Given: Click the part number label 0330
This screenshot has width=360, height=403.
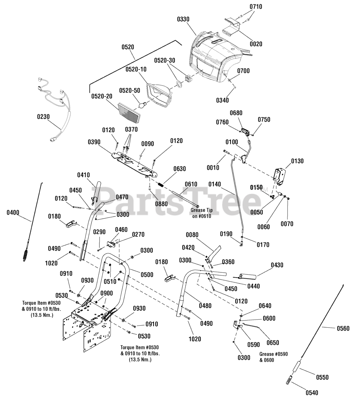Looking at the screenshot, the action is (183, 19).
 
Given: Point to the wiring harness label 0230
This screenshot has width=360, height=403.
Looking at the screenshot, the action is (43, 116).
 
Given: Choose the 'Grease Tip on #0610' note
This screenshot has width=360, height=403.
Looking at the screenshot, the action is (201, 213).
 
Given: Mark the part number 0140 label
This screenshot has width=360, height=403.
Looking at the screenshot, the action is (215, 184).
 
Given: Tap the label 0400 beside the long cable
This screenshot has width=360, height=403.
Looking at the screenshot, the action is (13, 213).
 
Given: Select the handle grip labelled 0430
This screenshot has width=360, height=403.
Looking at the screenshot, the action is (247, 276).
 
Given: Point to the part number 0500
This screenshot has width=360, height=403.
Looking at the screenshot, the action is (147, 275).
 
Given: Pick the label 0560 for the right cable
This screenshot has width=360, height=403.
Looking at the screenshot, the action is (343, 328).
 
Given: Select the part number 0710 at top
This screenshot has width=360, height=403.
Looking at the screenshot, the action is (256, 7).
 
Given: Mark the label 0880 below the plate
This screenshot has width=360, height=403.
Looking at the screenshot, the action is (161, 204).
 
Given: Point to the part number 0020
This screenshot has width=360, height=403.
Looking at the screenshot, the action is (256, 44).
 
